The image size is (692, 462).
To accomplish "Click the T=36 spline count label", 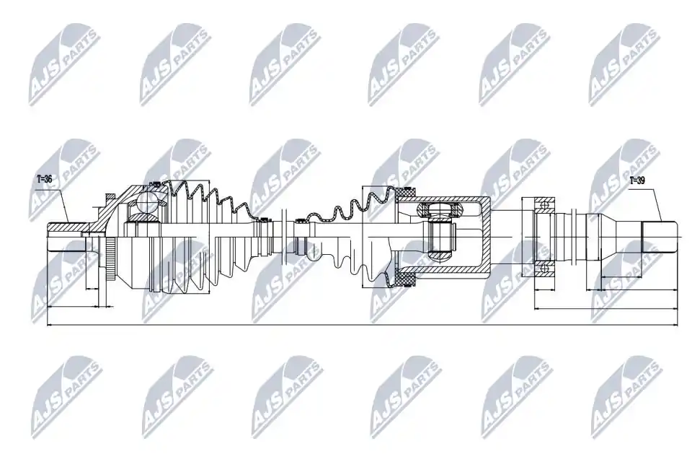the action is pos(44,179).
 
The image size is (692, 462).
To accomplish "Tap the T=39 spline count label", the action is pos(636,180).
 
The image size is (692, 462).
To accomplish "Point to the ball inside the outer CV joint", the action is pos(146,202).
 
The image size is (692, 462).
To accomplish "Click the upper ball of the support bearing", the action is pos(545,205).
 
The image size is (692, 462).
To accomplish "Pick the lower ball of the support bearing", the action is pos(545,266).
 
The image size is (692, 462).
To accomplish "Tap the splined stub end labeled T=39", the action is pos(658,237).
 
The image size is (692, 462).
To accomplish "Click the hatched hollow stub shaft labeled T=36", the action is pos(66,227).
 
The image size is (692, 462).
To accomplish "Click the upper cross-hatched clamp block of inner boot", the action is pos(407,192).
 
